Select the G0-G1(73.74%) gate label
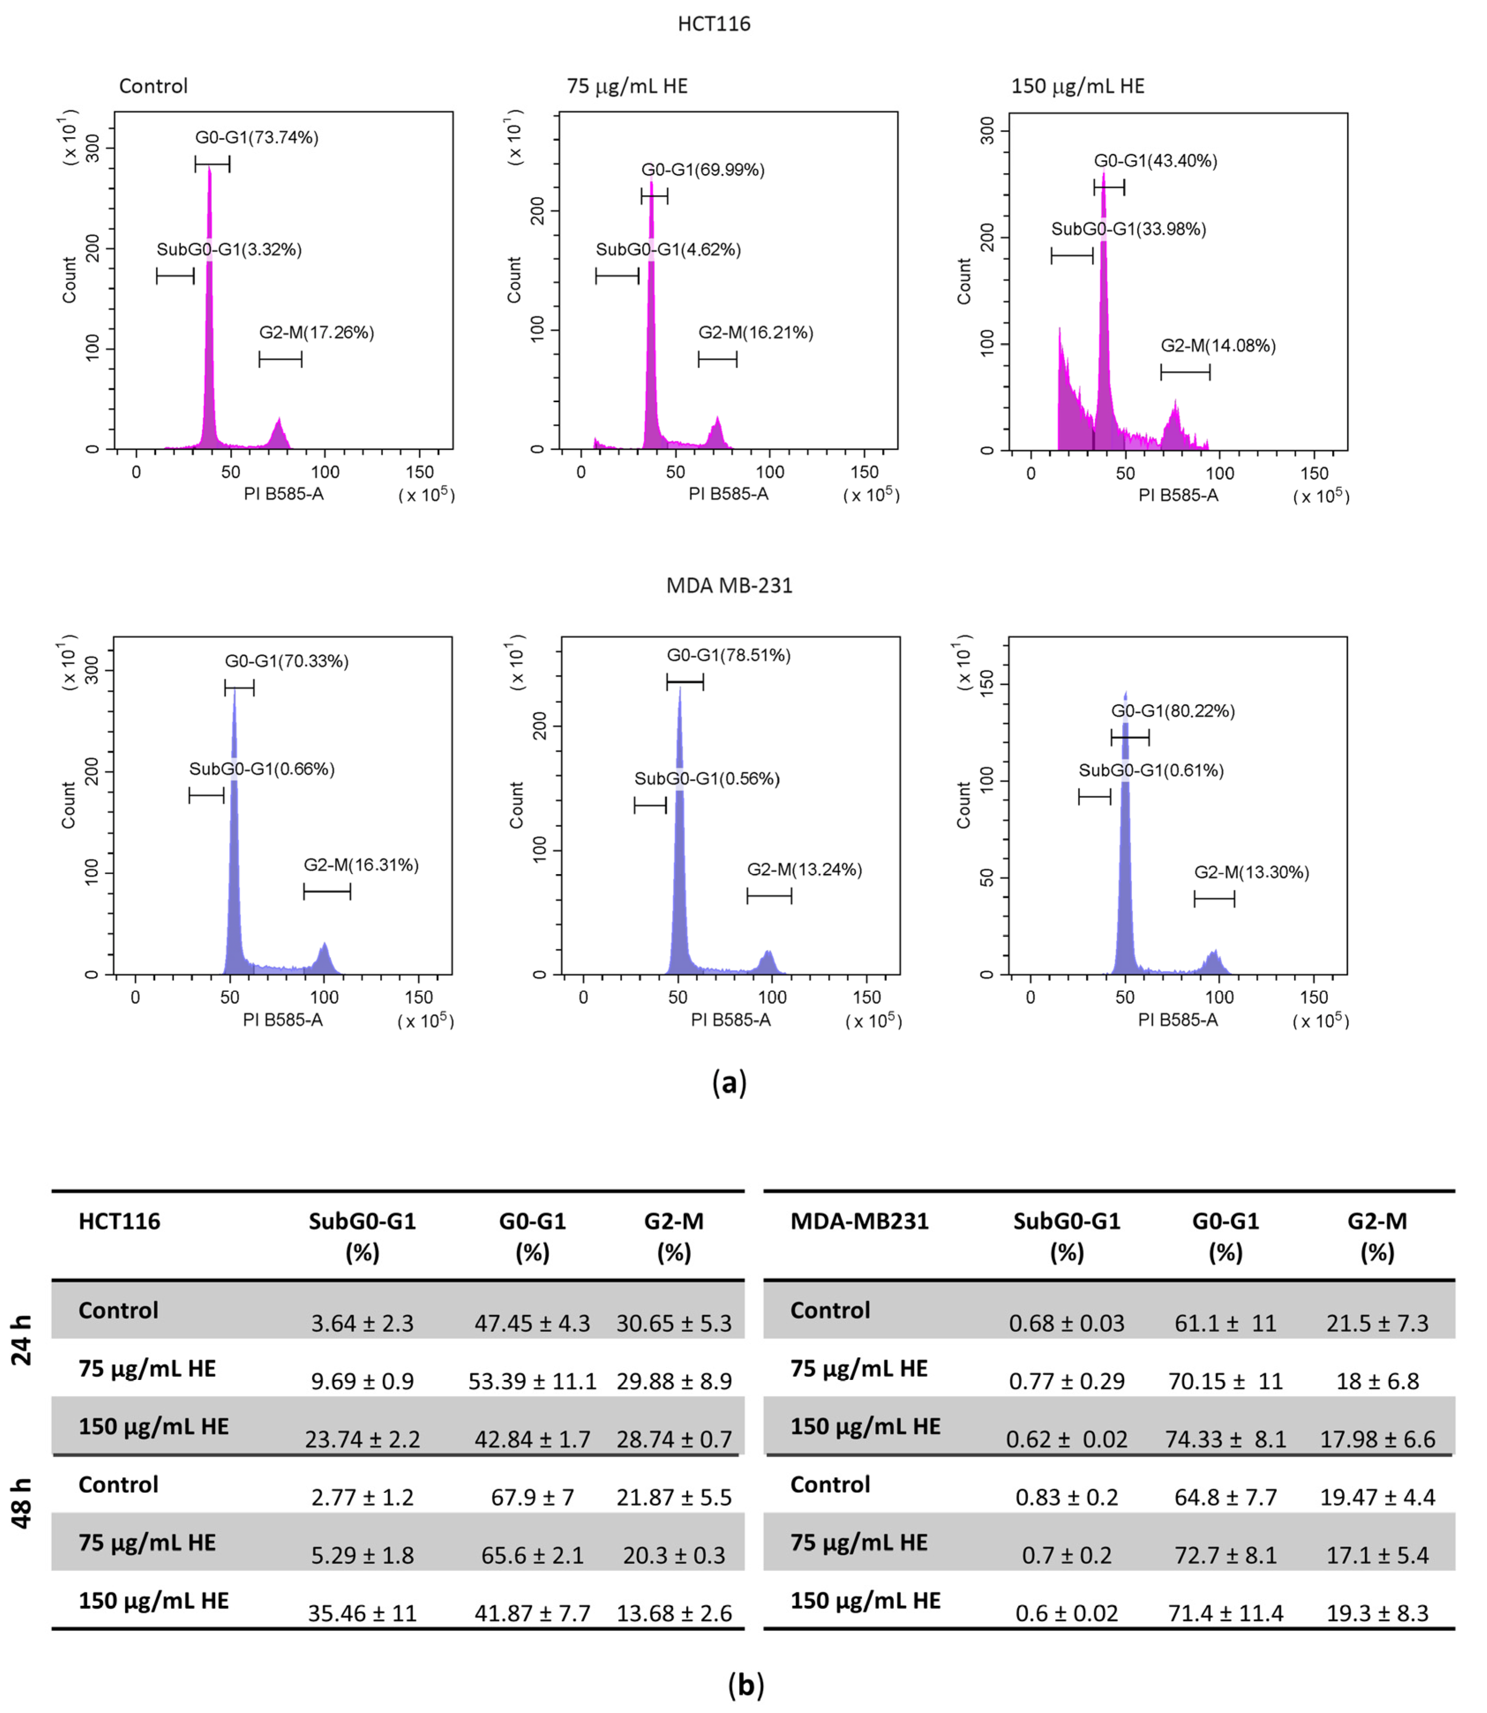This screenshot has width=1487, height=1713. coord(256,138)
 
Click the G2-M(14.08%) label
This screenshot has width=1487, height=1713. coord(1217,346)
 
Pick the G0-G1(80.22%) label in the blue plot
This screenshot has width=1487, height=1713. coord(1172,711)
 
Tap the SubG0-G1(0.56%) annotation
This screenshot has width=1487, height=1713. coord(707,779)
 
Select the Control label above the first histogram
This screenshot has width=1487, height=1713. coord(154,86)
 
